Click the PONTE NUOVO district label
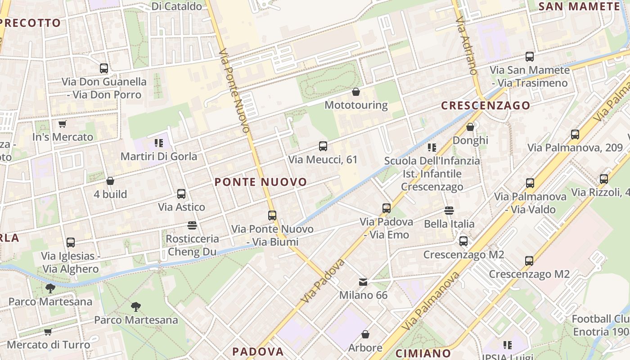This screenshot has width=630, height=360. (x=261, y=182)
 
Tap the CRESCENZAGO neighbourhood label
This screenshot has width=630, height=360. (x=486, y=106)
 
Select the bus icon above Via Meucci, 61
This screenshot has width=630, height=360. (x=323, y=146)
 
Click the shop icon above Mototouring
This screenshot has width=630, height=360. (x=356, y=92)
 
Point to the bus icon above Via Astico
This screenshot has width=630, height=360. (x=181, y=194)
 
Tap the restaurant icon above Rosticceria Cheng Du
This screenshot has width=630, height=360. (x=192, y=225)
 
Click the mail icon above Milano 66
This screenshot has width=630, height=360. (x=363, y=282)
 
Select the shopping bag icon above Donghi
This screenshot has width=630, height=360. (x=470, y=127)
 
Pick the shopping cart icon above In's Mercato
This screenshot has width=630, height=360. (x=62, y=124)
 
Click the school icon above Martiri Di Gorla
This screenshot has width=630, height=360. (x=158, y=143)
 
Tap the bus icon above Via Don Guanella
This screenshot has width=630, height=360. (x=104, y=68)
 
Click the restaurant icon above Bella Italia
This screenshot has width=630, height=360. (x=449, y=211)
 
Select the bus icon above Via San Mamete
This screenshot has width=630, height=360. (x=530, y=57)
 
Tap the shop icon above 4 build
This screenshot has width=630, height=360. (x=110, y=181)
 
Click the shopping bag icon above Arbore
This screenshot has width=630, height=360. (x=365, y=335)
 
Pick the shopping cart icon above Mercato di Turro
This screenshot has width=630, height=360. (x=48, y=332)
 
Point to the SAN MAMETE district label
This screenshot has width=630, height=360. (x=579, y=6)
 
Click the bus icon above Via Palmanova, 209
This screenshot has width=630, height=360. (x=575, y=135)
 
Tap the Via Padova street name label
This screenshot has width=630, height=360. (x=324, y=280)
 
